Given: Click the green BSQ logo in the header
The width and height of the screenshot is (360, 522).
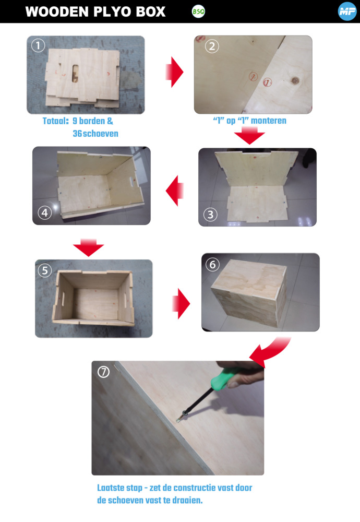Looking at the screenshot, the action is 198,11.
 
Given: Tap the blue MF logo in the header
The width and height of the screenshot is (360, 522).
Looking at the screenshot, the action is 347,11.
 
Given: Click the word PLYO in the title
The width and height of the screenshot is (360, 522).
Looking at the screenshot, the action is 113,11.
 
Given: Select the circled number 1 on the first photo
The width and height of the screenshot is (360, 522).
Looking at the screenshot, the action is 38,45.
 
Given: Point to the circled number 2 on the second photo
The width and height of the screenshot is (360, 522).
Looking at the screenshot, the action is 212,46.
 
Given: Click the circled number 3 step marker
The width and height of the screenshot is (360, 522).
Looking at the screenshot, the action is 210,215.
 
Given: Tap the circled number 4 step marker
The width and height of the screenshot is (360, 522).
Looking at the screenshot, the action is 44,212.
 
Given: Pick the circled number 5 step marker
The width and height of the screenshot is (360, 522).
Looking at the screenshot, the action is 45,270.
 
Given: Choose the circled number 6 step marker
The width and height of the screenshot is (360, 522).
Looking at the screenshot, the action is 212,265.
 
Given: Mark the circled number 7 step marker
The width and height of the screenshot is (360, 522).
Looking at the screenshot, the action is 103,372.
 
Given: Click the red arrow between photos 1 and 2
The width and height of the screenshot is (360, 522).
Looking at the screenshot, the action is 174,72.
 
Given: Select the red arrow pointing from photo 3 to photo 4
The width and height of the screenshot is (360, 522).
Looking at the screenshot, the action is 175,191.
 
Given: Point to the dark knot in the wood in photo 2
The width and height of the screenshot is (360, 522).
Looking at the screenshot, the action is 295,80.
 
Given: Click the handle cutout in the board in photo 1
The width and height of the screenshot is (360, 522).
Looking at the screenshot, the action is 75,74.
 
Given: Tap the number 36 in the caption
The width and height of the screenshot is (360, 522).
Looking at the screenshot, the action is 77,134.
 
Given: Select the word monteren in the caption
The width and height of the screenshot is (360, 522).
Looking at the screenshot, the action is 269,121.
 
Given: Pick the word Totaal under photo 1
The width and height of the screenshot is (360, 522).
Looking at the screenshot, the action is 55,121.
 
